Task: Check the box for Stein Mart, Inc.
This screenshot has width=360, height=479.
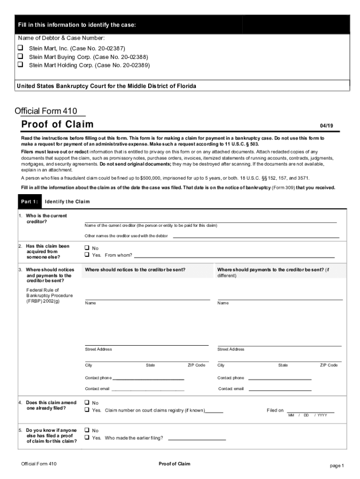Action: click(x=21, y=48)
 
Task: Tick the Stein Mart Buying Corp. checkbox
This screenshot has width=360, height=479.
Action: click(x=21, y=57)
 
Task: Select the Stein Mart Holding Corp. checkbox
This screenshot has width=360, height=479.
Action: click(x=21, y=65)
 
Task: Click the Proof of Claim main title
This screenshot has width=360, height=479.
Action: click(x=58, y=124)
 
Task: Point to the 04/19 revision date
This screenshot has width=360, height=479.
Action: click(x=326, y=126)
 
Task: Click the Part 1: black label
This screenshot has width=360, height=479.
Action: click(x=29, y=202)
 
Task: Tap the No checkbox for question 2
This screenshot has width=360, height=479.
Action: click(x=87, y=248)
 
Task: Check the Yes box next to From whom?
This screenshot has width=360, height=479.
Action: click(x=87, y=255)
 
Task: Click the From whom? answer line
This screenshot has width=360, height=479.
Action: click(x=234, y=257)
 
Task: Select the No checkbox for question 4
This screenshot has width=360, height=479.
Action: click(x=87, y=403)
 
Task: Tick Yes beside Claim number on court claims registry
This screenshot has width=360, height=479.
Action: click(x=87, y=410)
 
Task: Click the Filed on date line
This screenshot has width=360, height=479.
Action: click(x=310, y=412)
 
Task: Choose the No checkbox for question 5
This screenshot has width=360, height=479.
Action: click(x=87, y=430)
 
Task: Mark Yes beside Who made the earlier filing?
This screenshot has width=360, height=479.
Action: click(x=87, y=438)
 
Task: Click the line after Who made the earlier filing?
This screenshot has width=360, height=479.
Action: click(x=196, y=440)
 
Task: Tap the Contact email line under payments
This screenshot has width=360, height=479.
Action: click(x=280, y=390)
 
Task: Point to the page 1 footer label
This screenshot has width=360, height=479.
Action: click(x=337, y=466)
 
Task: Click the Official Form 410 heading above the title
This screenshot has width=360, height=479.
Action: click(x=46, y=111)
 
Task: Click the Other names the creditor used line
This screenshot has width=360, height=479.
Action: click(x=256, y=237)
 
